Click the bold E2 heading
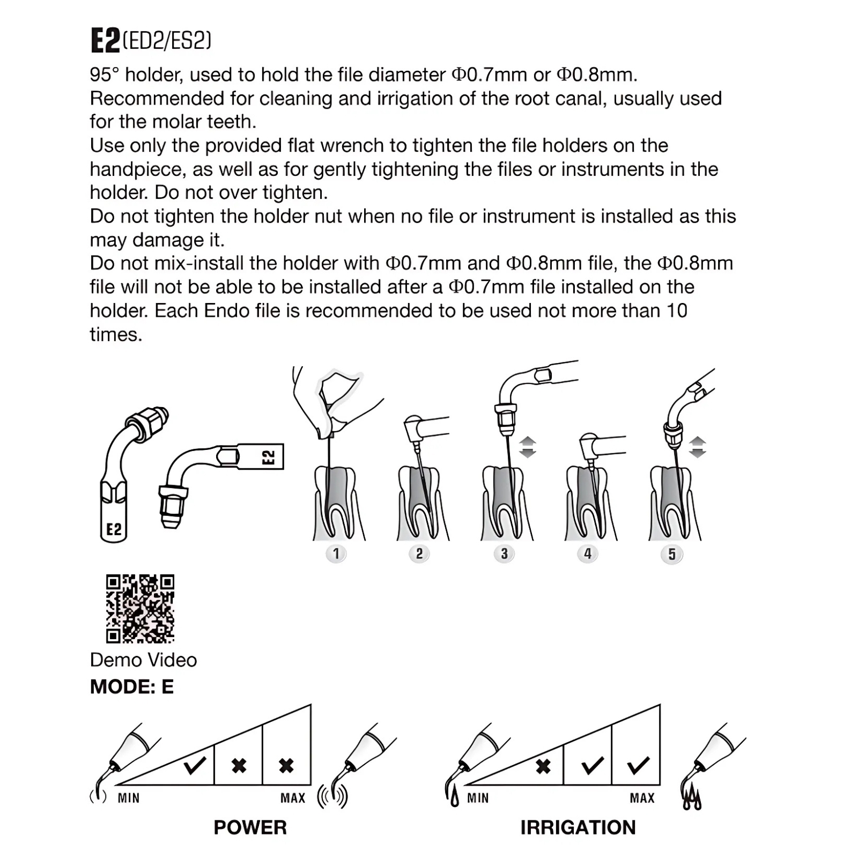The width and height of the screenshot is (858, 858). pyautogui.click(x=105, y=40)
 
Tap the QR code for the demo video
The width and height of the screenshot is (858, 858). pyautogui.click(x=140, y=609)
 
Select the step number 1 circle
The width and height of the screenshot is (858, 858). pyautogui.click(x=336, y=553)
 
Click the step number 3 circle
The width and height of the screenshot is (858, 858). pyautogui.click(x=504, y=553)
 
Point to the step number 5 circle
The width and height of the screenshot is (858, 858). pyautogui.click(x=672, y=554)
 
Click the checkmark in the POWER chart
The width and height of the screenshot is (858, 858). pyautogui.click(x=195, y=765)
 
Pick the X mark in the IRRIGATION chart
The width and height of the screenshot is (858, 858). pyautogui.click(x=543, y=766)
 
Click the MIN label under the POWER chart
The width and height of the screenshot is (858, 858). pyautogui.click(x=129, y=798)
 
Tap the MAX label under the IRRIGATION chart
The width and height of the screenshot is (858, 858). pyautogui.click(x=642, y=798)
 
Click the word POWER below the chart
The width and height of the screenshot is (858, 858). pyautogui.click(x=250, y=827)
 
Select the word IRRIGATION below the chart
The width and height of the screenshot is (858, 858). pyautogui.click(x=578, y=827)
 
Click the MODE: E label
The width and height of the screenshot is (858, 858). pyautogui.click(x=132, y=687)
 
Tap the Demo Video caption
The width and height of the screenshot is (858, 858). pyautogui.click(x=143, y=660)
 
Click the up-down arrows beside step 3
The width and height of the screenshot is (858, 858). pyautogui.click(x=528, y=447)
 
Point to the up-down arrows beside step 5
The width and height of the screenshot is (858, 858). pyautogui.click(x=697, y=447)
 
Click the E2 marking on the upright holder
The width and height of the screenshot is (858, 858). pyautogui.click(x=114, y=529)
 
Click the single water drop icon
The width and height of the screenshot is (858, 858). pyautogui.click(x=455, y=799)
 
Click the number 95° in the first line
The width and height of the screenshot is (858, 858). pyautogui.click(x=104, y=75)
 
